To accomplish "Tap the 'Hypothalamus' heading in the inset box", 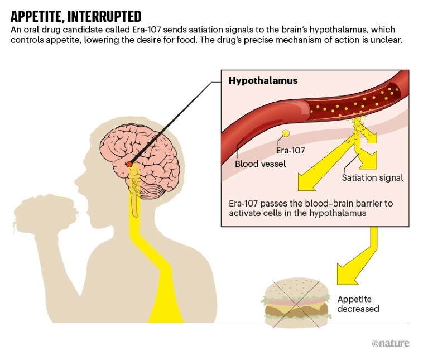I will [x=263, y=81].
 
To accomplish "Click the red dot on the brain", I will [x=129, y=164].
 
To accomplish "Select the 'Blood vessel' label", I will [x=261, y=164].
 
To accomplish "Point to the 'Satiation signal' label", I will [x=372, y=178].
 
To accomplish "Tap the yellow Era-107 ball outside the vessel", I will [x=286, y=133].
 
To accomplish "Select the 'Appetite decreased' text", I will [x=358, y=304].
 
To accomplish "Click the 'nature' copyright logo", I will [x=390, y=343].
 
